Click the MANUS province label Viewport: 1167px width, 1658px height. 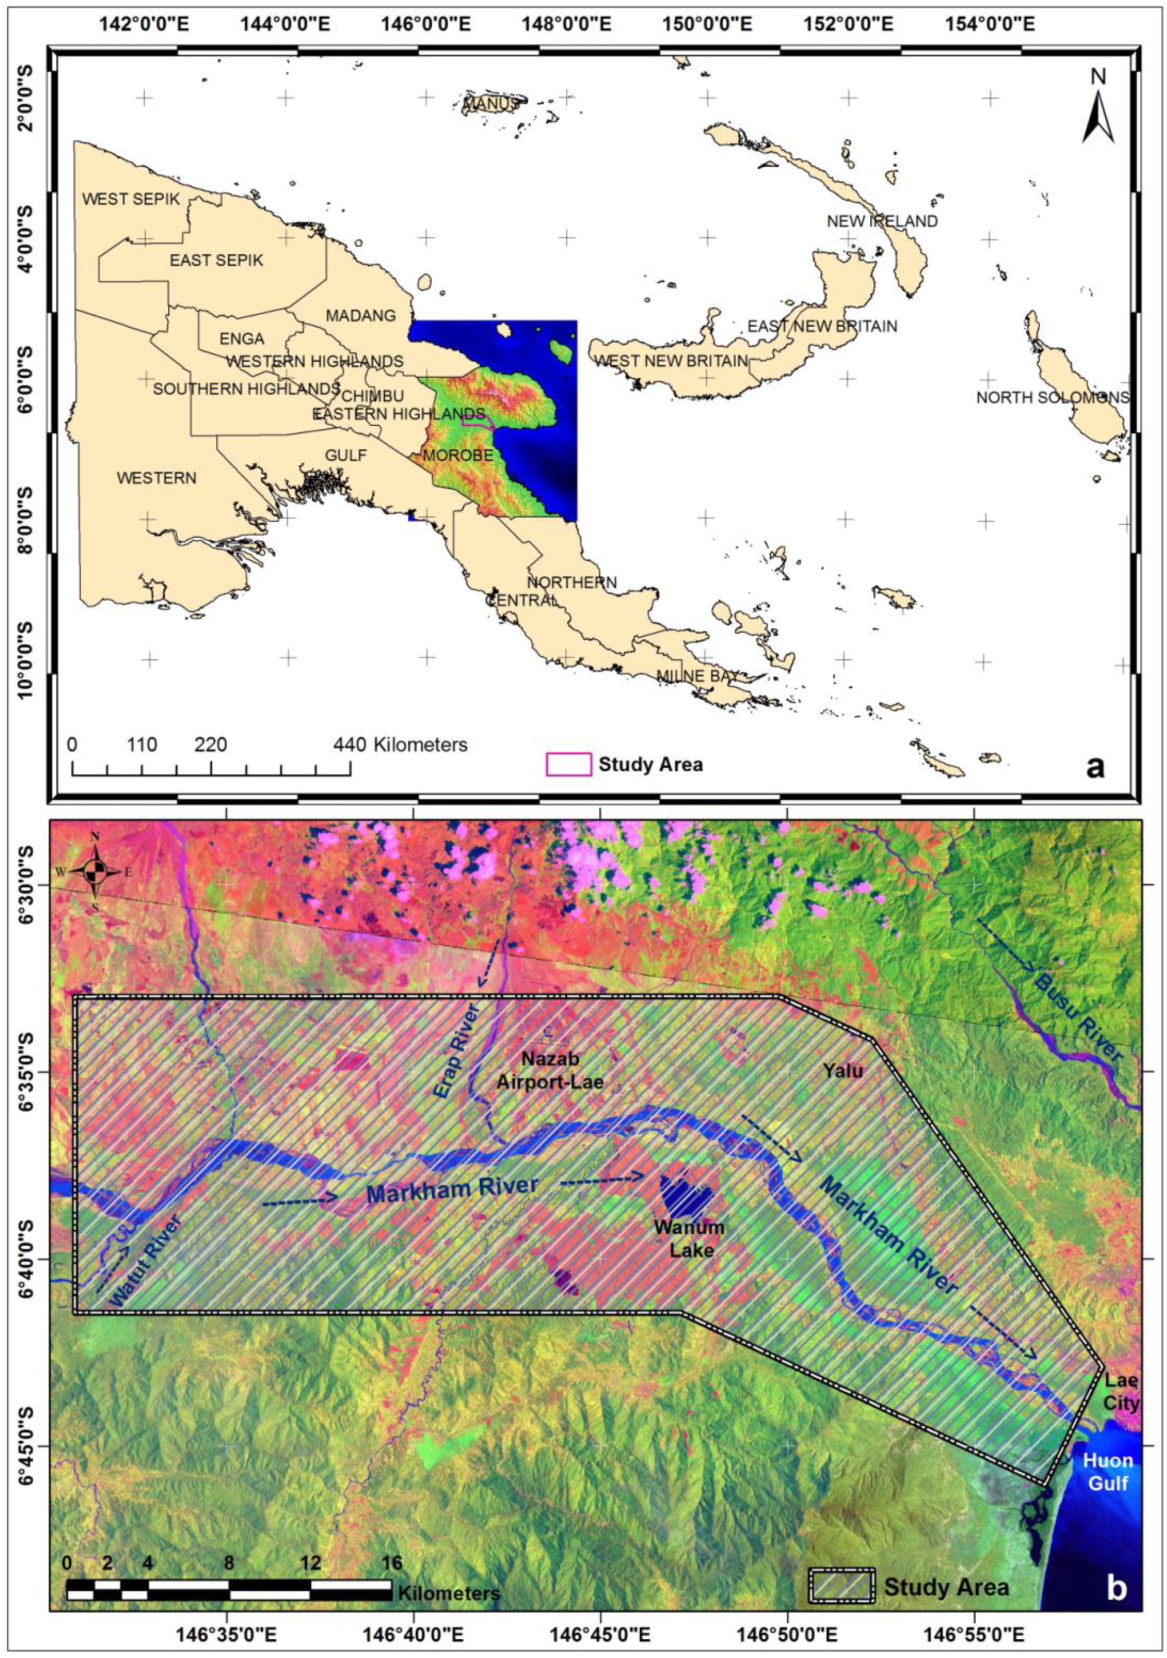[x=491, y=105]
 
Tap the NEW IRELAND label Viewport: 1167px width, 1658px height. [x=882, y=221]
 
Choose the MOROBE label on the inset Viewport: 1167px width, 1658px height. [x=458, y=455]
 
